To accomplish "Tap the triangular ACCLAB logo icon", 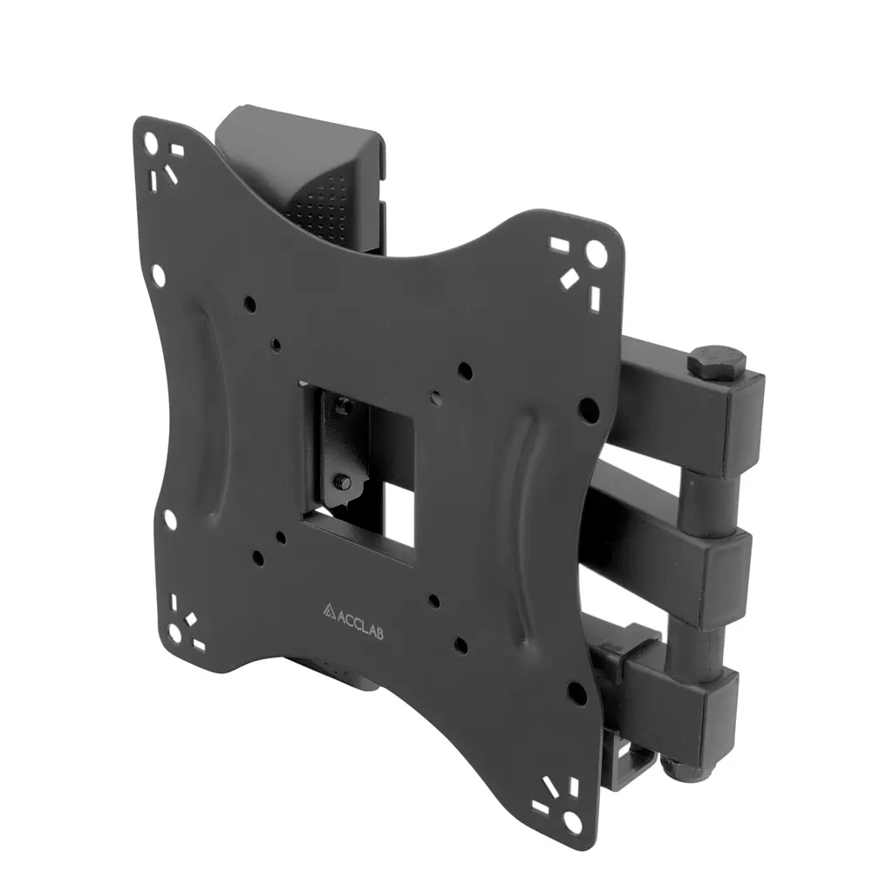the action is tap(329, 610).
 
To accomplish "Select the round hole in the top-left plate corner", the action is tap(150, 140).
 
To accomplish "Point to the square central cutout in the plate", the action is tap(357, 472).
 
